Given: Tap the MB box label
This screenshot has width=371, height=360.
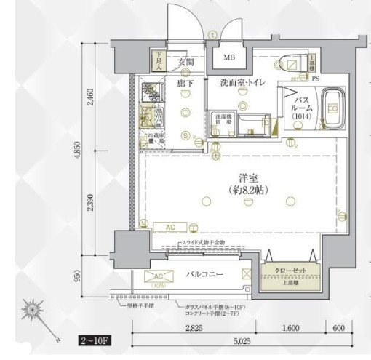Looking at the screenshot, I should click(228, 58).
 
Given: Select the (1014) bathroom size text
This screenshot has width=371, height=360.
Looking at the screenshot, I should click(300, 116).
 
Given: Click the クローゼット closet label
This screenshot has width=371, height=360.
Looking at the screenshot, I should click(290, 270).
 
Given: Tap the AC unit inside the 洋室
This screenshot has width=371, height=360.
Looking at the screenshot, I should click(169, 228).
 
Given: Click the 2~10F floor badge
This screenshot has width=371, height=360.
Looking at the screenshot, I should click(95, 340).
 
